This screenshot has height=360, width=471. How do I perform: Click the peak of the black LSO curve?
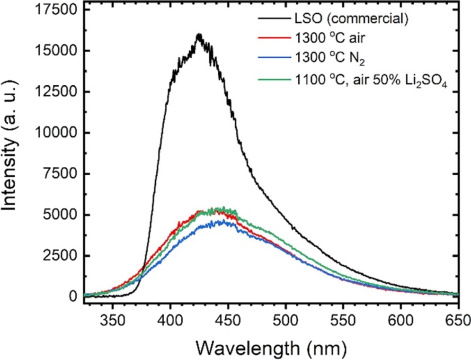(199, 35)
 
